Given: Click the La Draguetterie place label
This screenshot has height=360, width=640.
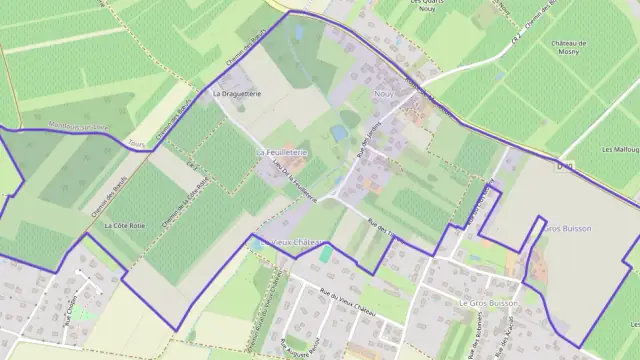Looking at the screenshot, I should click(x=237, y=93).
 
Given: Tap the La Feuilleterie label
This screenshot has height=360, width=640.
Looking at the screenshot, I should click(x=281, y=151).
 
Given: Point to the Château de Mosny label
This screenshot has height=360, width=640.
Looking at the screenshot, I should click(x=568, y=47).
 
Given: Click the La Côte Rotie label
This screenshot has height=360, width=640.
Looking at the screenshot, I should click(x=124, y=226).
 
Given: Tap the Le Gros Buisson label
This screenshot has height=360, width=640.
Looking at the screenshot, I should click(x=489, y=301).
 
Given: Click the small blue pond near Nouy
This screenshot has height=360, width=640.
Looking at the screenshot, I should click(x=340, y=133).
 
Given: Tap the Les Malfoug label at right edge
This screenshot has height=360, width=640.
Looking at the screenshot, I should click(x=620, y=149).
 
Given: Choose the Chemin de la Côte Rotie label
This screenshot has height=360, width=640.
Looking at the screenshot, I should click(x=193, y=201).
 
